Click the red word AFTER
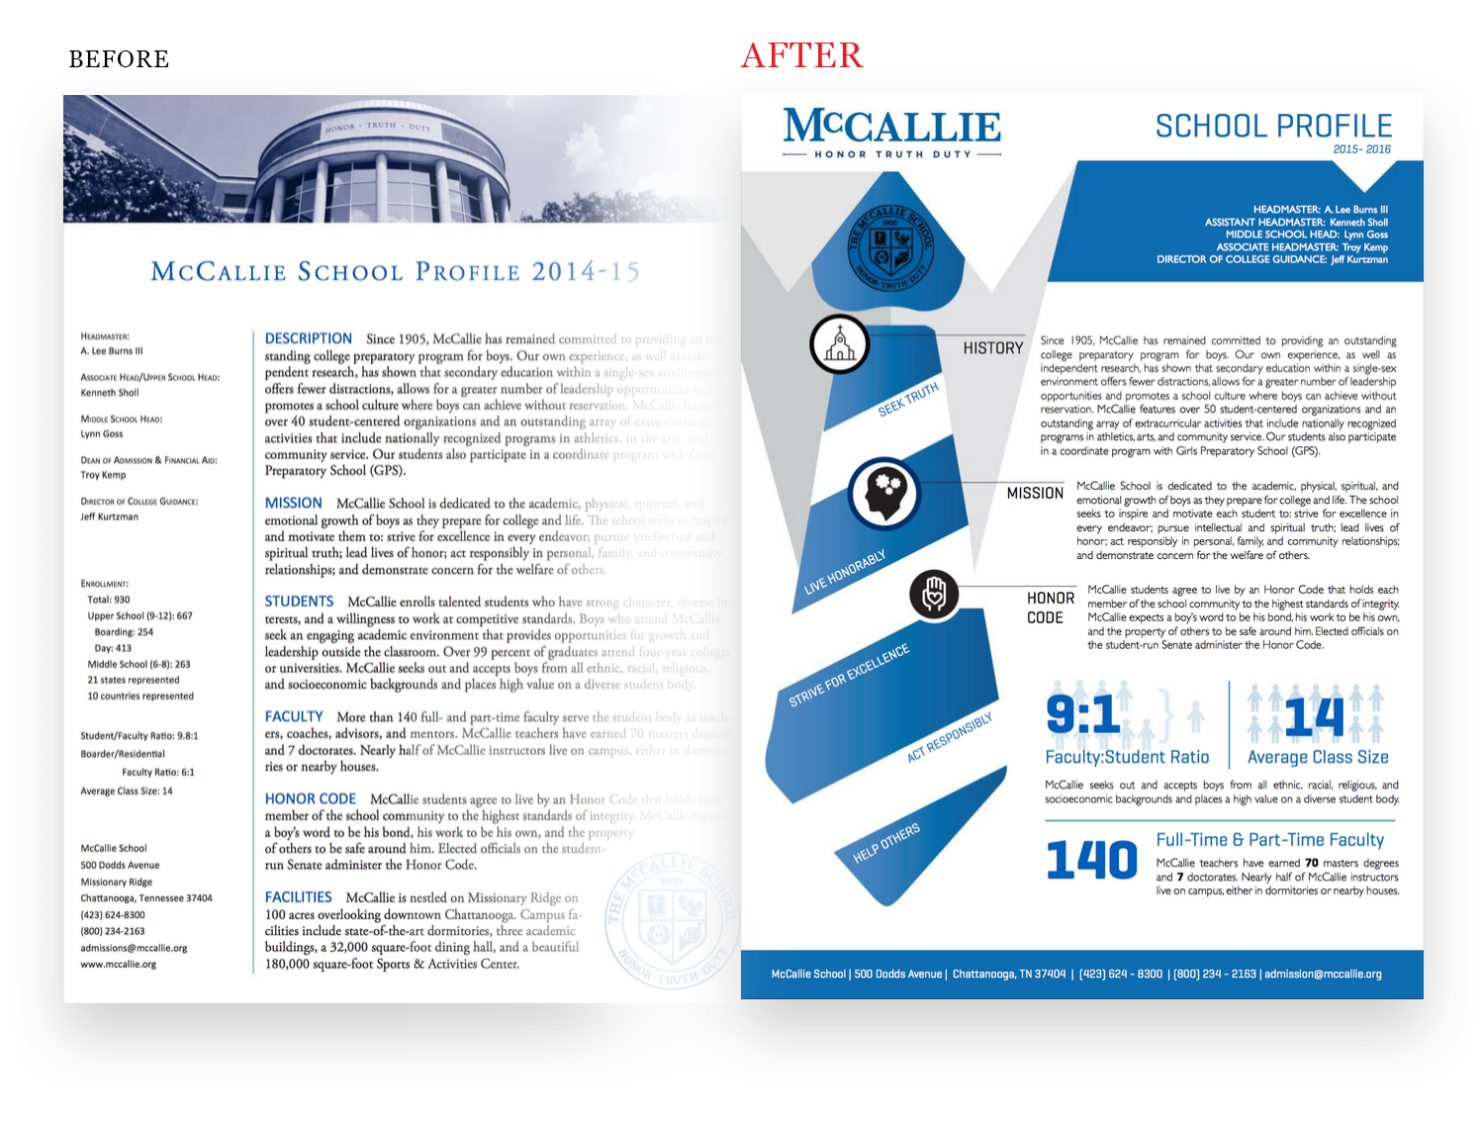(802, 55)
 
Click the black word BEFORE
(119, 59)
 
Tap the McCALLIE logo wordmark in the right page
(891, 127)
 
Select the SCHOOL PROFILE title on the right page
(1273, 127)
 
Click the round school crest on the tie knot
(891, 242)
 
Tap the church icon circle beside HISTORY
(839, 344)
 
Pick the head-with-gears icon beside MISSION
(883, 492)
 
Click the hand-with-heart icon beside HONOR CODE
(934, 595)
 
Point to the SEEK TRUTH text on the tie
(908, 399)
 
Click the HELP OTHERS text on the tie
(886, 842)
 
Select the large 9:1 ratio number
(1083, 714)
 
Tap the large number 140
(1092, 860)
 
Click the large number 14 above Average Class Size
(1315, 716)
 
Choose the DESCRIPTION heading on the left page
(309, 338)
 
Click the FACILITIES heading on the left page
(299, 897)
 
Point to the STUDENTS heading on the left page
(300, 602)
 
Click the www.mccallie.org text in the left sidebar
(119, 965)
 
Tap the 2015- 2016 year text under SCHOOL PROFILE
(1361, 149)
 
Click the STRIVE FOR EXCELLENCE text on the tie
(849, 676)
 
